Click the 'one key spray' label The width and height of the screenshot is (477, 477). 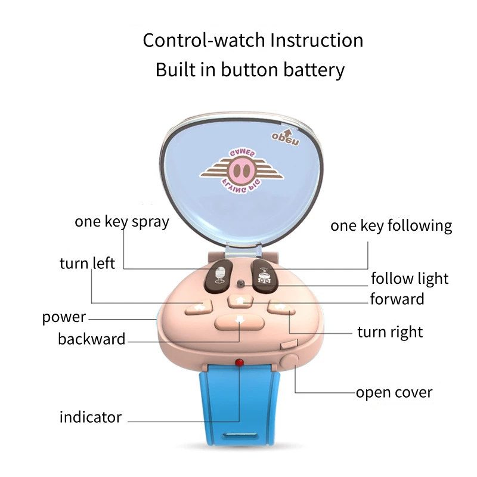pos(122,222)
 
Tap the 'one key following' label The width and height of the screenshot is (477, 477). pos(391,226)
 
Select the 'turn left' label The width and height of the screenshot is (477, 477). pos(87,263)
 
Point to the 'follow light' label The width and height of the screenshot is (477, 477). pos(409,278)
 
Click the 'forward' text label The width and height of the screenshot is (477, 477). pos(397,299)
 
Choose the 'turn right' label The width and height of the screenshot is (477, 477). pos(390,332)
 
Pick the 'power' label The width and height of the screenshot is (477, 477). pos(64,317)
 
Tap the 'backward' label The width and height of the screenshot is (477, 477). pos(91,339)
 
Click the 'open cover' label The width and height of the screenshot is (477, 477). pos(394,392)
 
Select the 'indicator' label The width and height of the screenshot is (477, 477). pos(91,417)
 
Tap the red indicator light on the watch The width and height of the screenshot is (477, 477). pos(239,362)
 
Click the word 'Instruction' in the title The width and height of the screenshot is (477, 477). pos(317,41)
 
